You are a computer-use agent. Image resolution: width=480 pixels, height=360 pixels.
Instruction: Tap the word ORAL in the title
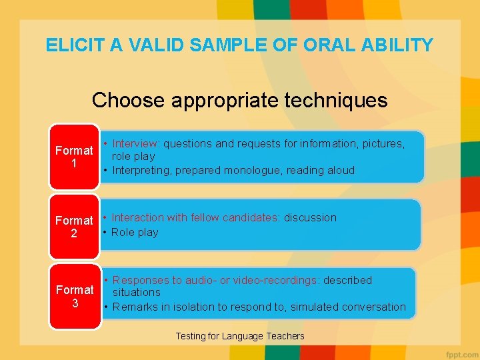[322, 45]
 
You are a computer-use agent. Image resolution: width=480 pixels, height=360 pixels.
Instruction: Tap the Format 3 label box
[74, 297]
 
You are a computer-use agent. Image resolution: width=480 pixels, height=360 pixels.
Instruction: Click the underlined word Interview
[135, 143]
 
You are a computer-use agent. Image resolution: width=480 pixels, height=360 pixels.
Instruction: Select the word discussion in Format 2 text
[310, 217]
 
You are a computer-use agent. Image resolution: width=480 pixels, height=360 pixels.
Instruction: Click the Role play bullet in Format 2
[135, 232]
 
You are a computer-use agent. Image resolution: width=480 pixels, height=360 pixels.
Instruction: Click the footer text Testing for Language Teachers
[240, 336]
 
